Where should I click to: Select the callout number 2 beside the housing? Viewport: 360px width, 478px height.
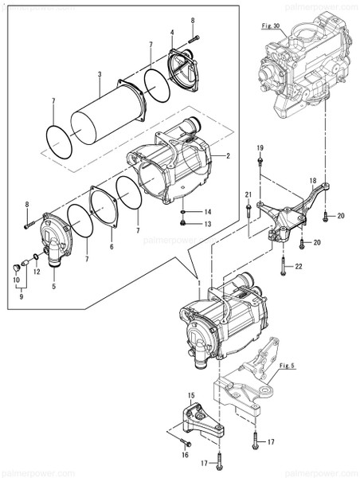[228, 155]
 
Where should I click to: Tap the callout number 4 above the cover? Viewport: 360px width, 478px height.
[171, 33]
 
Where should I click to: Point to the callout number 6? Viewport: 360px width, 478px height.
[112, 248]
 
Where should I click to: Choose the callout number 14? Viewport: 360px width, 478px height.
[208, 212]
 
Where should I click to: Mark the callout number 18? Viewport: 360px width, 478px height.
[313, 181]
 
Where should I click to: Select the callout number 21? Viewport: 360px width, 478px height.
[248, 195]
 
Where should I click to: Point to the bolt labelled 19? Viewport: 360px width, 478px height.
[260, 163]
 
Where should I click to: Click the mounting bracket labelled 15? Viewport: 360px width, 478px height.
[196, 420]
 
